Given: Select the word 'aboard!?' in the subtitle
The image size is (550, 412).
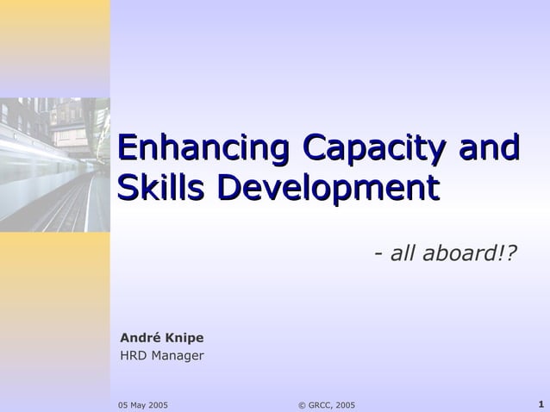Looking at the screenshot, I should (470, 254).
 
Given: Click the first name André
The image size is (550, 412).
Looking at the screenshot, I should (138, 338).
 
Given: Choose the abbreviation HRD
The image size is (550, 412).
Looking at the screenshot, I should (133, 355).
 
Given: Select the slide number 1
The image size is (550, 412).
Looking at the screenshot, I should (540, 404).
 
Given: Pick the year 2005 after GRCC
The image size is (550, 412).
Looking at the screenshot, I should (345, 405).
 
